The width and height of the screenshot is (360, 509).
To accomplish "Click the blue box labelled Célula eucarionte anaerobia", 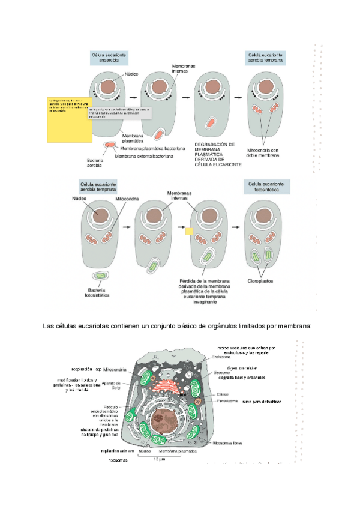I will pos(109,57).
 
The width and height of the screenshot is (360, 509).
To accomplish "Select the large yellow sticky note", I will pos(67,118).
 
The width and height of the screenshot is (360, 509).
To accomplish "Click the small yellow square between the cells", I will pos(188,230).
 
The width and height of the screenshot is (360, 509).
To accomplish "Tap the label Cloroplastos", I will pos(262,280).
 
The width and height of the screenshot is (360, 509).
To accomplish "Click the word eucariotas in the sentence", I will pos(104,326).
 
